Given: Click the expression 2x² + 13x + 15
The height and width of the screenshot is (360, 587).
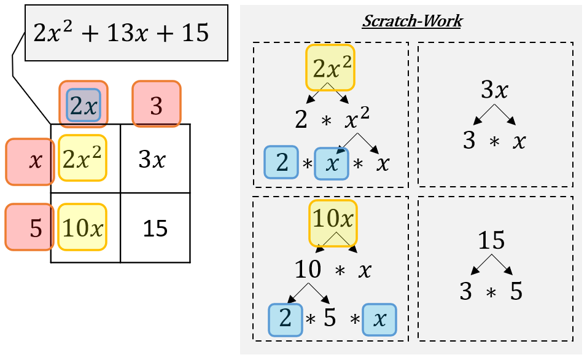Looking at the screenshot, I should point(122,33).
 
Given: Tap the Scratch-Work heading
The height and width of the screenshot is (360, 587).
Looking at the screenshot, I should point(411,21).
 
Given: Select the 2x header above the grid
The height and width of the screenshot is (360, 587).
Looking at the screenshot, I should point(84,105).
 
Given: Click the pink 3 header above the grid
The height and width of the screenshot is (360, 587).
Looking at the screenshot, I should point(157,105).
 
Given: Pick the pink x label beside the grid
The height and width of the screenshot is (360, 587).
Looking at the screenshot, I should point(29,162).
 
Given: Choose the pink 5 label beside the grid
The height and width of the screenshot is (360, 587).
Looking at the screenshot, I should point(29,227).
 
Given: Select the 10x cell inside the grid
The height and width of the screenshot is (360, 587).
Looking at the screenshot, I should point(82,227).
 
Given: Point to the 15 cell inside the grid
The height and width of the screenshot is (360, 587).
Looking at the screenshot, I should point(155,229).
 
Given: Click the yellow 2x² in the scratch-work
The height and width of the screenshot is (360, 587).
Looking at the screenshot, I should point(330,66).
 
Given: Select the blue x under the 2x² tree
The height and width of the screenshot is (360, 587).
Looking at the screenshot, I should point(332,164).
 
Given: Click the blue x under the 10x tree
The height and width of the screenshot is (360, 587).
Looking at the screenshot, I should point(379,319).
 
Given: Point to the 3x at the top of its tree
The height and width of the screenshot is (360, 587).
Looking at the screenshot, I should point(494,90).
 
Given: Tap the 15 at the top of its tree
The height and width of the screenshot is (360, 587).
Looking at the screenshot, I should point(493,241).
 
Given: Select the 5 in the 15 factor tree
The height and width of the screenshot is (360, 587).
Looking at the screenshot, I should point(516,291).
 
